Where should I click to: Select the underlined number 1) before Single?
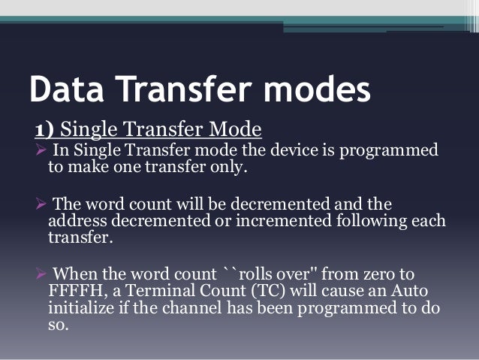point(41,131)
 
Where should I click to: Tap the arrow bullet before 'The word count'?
point(41,205)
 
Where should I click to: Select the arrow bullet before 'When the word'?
point(41,274)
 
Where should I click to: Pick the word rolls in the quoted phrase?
point(256,274)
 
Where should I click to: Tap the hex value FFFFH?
point(74,292)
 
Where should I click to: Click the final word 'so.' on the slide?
point(57,327)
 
